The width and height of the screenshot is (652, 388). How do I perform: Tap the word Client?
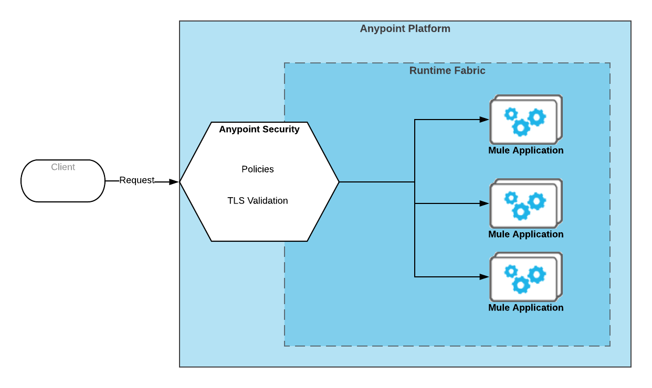(63, 167)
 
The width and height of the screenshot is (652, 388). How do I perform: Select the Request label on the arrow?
(136, 180)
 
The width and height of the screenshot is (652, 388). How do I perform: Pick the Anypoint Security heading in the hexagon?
(259, 130)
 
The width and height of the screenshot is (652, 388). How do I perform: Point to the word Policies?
(257, 169)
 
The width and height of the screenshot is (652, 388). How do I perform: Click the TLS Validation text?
(257, 201)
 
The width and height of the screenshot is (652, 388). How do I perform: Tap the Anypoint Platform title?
(405, 29)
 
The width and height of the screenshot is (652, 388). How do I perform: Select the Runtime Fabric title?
(447, 71)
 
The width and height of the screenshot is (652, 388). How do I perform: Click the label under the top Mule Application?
(525, 150)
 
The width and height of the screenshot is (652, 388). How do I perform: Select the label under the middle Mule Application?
(525, 234)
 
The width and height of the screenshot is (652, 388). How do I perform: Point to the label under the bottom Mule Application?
(525, 308)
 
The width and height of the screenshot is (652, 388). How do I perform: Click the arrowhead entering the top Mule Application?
(485, 120)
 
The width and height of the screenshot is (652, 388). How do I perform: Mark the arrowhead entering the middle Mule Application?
(485, 203)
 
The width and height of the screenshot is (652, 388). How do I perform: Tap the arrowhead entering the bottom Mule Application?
(485, 277)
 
